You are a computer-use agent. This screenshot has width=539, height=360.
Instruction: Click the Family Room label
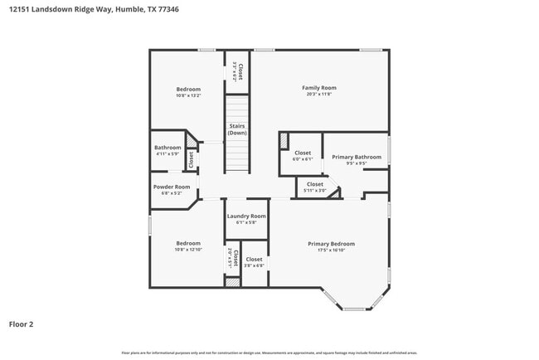(318, 88)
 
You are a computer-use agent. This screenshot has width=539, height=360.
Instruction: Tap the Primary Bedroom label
(331, 244)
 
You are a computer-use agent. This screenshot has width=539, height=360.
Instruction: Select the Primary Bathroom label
(357, 157)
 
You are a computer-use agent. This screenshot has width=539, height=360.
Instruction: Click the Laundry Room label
(246, 216)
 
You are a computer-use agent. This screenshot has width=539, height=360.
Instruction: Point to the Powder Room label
(172, 187)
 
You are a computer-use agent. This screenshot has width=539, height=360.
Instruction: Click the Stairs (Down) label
(237, 129)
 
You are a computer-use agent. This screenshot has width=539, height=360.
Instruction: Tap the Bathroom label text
(168, 148)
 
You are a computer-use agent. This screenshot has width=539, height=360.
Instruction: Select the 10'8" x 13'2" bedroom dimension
(188, 95)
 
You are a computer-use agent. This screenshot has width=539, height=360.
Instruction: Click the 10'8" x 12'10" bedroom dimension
(188, 250)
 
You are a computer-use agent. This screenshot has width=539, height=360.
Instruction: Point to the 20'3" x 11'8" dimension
(318, 95)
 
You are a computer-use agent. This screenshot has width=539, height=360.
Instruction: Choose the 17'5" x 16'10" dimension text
(331, 251)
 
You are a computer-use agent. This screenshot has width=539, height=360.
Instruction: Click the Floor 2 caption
(22, 324)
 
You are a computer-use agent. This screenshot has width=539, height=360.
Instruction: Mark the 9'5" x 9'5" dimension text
(357, 163)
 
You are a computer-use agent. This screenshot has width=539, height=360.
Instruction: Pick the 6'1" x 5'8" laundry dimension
(246, 222)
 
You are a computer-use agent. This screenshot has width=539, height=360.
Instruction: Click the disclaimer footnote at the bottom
(269, 353)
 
